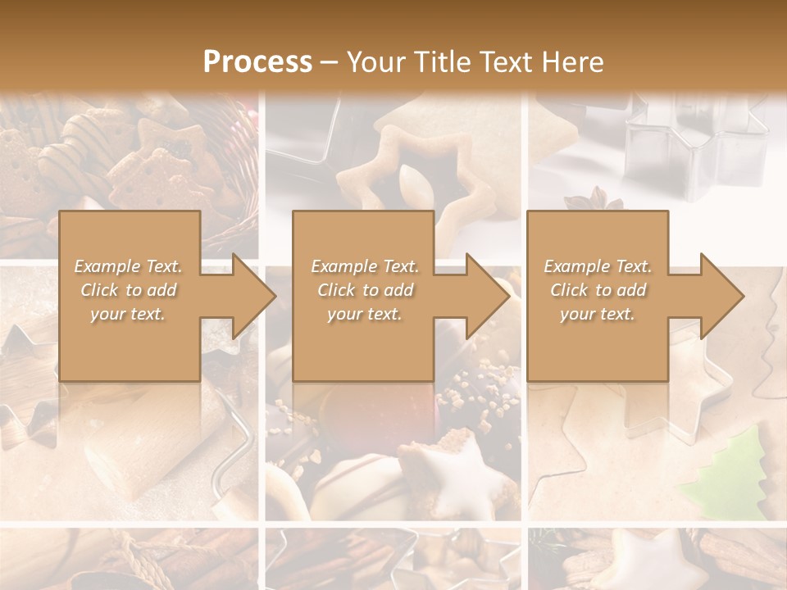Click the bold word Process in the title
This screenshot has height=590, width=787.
pyautogui.click(x=257, y=62)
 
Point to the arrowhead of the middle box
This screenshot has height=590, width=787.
pyautogui.click(x=487, y=297)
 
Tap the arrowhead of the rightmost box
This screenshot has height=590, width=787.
pyautogui.click(x=721, y=297)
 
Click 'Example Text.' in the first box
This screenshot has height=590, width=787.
pyautogui.click(x=128, y=266)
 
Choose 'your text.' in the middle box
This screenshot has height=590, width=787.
pyautogui.click(x=364, y=314)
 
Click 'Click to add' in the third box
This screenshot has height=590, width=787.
pyautogui.click(x=598, y=290)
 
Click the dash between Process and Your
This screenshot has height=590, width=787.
pyautogui.click(x=330, y=62)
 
